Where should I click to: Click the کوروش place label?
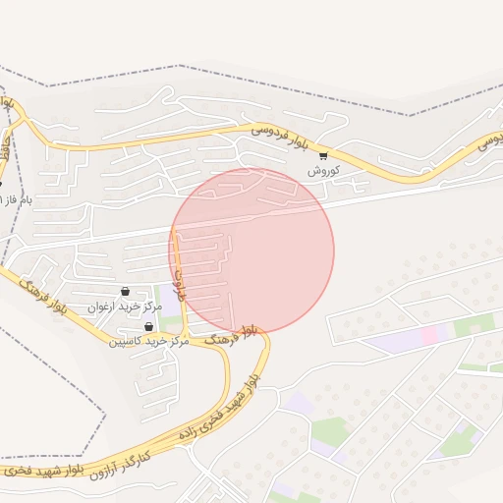pos(322,170)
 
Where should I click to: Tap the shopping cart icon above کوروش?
pos(323,155)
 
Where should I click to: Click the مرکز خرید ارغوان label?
pos(125,307)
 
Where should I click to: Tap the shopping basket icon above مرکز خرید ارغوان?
pos(125,292)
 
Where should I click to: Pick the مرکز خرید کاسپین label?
pos(148,341)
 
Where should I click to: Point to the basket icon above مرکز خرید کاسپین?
pos(148,327)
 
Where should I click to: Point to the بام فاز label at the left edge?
pos(14,199)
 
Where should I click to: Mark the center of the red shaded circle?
pos(253,251)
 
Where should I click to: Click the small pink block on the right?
pos(429,336)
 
